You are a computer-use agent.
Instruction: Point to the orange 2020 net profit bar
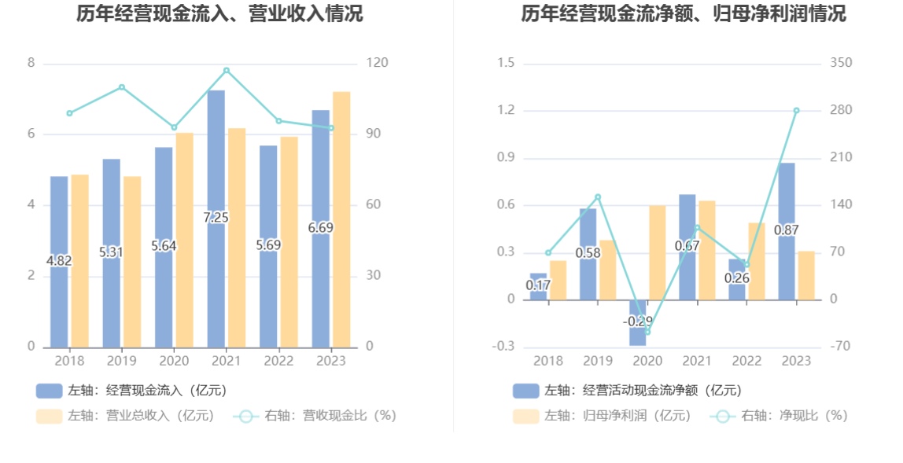(658, 252)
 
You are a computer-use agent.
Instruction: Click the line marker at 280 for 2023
(796, 110)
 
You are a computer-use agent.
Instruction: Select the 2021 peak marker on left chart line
(227, 71)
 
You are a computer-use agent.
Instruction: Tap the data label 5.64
(164, 246)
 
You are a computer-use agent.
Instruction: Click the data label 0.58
(588, 253)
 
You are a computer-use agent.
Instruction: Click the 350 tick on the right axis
(841, 63)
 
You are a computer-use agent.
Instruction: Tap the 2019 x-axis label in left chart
(121, 361)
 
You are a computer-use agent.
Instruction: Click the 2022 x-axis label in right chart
(747, 361)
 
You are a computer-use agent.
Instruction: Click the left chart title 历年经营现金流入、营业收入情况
(219, 13)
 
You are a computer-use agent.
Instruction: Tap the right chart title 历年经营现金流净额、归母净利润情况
(684, 13)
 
